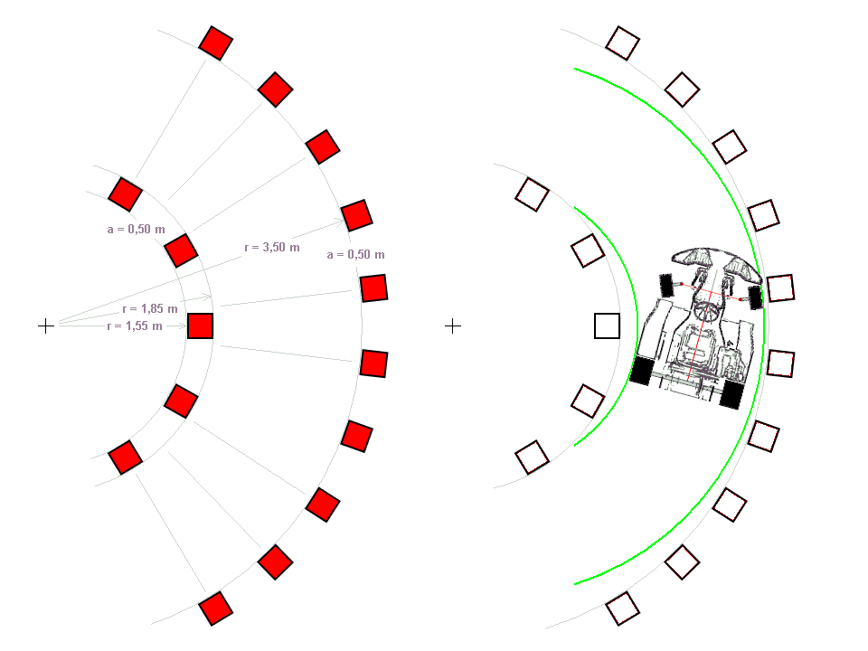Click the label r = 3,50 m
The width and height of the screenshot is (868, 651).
(x=272, y=248)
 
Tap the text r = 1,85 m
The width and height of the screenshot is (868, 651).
(x=150, y=309)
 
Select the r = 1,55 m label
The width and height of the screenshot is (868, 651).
(x=135, y=326)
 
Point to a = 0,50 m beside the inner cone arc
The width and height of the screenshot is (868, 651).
(x=137, y=229)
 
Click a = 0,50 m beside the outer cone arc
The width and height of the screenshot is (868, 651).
(x=356, y=255)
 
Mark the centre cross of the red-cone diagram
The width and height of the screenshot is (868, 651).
(x=46, y=326)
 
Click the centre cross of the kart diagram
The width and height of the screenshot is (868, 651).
(x=453, y=326)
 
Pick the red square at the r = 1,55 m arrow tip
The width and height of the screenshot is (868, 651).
(x=201, y=325)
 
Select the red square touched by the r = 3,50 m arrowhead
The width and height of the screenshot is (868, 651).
(x=356, y=215)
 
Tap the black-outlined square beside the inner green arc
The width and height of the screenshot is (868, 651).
(x=607, y=325)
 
